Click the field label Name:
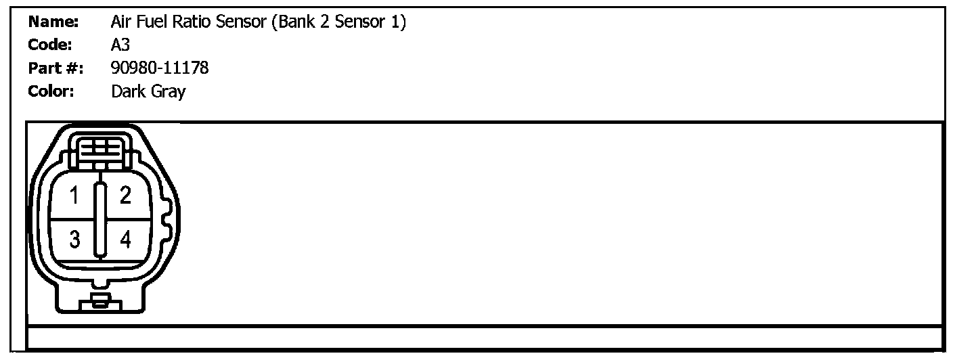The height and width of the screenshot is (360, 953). pyautogui.click(x=54, y=22)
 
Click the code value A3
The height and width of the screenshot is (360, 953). pyautogui.click(x=120, y=45)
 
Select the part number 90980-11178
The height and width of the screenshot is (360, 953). pyautogui.click(x=160, y=68)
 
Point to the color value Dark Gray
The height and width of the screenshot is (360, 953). pyautogui.click(x=148, y=91)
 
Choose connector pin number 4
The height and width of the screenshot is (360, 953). pyautogui.click(x=125, y=239)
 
